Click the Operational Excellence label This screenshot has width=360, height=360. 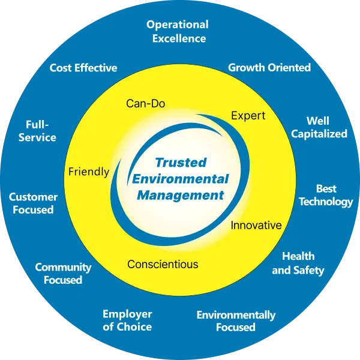click(x=178, y=31)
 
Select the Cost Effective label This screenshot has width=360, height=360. click(x=83, y=68)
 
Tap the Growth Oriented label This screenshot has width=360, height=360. click(x=269, y=67)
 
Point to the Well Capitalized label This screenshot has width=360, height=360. click(x=319, y=127)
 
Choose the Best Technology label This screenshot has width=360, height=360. click(x=326, y=196)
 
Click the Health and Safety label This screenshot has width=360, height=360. click(x=298, y=263)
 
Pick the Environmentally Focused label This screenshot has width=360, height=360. click(x=236, y=321)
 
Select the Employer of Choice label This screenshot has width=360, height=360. click(x=127, y=320)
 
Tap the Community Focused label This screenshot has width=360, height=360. click(x=63, y=274)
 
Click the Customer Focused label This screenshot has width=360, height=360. click(x=33, y=203)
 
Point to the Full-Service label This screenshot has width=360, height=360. click(x=37, y=131)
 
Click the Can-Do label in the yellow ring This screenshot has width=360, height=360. click(x=146, y=104)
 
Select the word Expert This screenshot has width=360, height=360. click(x=248, y=116)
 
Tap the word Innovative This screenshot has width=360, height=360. click(x=256, y=225)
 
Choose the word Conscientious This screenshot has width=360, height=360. click(x=163, y=264)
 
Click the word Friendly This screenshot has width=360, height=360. click(x=89, y=172)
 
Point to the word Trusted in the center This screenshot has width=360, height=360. click(x=181, y=163)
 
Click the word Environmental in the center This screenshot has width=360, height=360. click(x=181, y=179)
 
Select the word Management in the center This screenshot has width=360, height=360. click(x=181, y=196)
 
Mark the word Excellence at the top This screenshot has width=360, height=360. click(x=179, y=38)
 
